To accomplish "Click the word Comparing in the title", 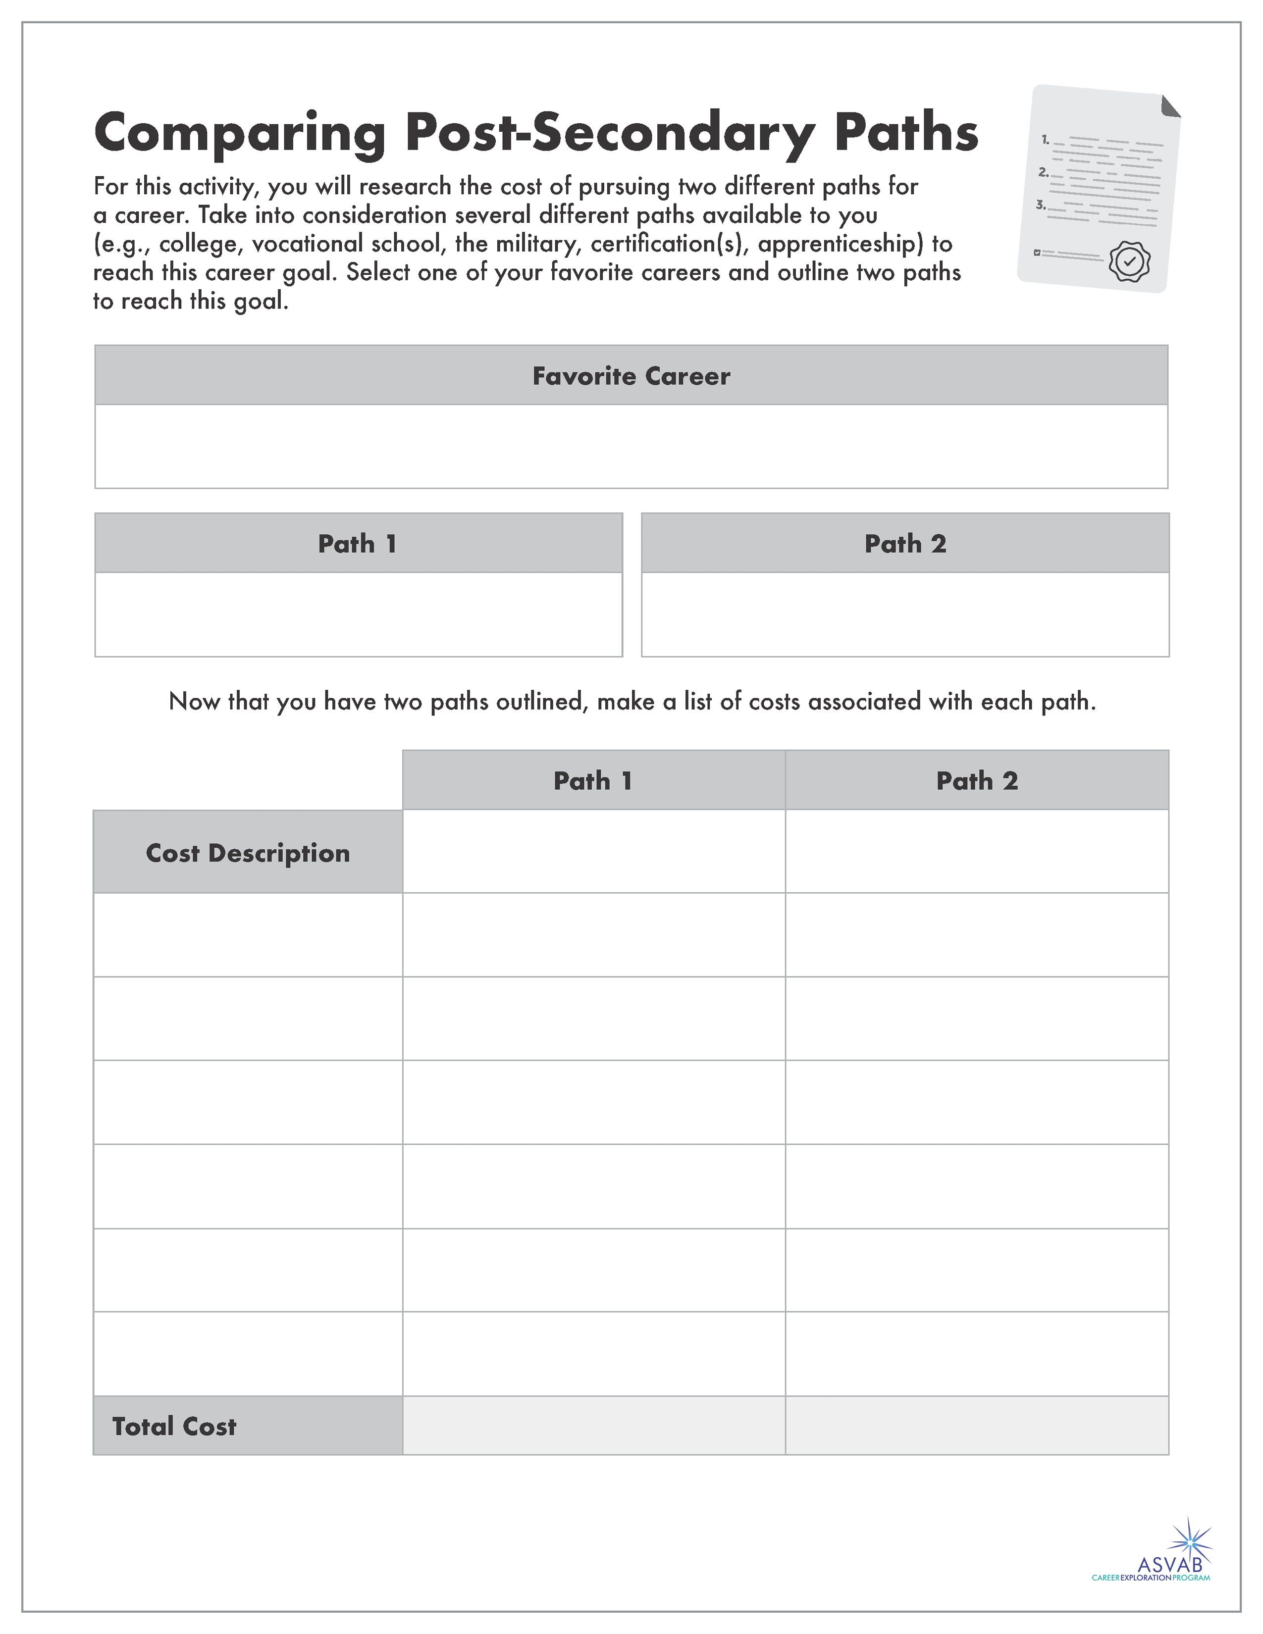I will point(239,133).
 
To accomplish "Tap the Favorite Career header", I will point(631,376).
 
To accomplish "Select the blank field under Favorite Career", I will point(631,447).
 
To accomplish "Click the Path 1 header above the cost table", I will point(593,780).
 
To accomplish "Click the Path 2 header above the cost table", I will point(976,780).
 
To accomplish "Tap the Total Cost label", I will point(174,1426).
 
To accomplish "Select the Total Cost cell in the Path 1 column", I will point(593,1426).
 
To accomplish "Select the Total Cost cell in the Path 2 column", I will point(976,1426).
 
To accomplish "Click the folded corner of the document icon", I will point(1169,106).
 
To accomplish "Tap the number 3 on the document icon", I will point(1040,204).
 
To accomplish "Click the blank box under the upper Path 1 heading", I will point(359,614).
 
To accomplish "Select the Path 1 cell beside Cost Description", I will point(593,852).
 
